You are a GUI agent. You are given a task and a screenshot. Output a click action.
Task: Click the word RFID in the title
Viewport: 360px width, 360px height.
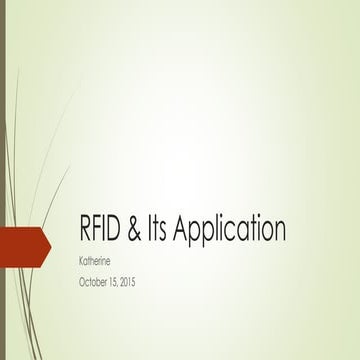[101, 230]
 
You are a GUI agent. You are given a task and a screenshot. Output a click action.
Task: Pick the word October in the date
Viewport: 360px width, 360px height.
[93, 282]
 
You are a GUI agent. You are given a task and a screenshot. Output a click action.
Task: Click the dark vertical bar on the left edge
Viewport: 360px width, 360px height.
[3, 180]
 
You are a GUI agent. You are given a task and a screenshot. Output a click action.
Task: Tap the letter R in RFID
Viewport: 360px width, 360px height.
[86, 230]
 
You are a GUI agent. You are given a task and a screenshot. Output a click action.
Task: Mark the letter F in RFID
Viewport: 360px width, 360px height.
[99, 230]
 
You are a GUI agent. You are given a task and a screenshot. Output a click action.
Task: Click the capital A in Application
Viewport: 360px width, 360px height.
[183, 230]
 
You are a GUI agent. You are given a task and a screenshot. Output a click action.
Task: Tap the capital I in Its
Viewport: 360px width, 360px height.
[152, 230]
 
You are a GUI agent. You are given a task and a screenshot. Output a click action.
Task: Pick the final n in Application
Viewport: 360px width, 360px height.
[280, 232]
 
